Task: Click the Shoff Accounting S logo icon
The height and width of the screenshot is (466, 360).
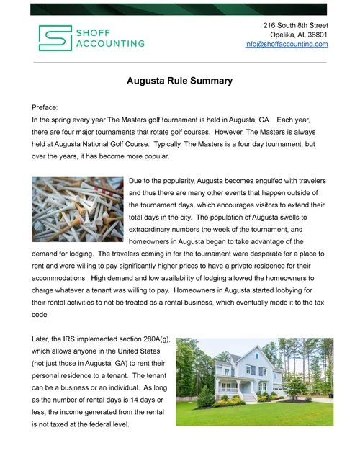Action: [53, 38]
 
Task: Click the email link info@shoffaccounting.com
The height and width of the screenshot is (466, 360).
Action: [286, 44]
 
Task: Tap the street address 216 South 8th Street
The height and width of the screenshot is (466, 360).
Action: [295, 25]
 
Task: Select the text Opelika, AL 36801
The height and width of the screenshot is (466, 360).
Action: [299, 35]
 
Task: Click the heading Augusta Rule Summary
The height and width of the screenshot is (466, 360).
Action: [179, 81]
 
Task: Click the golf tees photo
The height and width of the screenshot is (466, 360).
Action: [78, 209]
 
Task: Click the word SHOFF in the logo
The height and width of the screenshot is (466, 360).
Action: [94, 32]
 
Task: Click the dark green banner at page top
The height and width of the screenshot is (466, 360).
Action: [179, 9]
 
